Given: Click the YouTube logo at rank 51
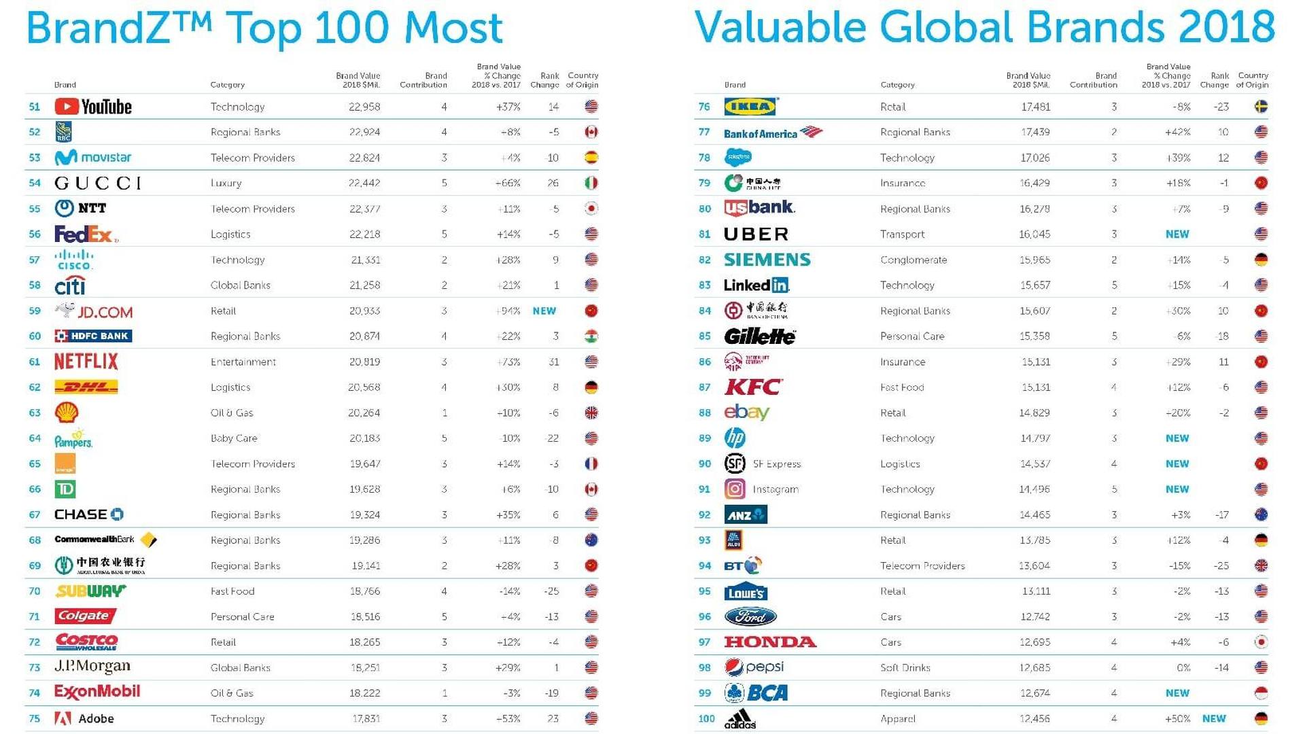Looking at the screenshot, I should click(x=93, y=107).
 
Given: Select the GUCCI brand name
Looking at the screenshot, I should click(x=98, y=183).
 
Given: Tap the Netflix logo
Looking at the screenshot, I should click(x=86, y=362).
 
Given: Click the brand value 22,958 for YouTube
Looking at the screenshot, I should click(x=364, y=107).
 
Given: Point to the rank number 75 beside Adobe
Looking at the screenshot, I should click(x=35, y=719).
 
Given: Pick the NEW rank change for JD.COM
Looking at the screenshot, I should click(x=544, y=311).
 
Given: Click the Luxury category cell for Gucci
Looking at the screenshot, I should click(x=226, y=183).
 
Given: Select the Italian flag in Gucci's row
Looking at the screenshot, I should click(x=591, y=183).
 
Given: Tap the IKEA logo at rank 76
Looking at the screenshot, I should click(x=751, y=107).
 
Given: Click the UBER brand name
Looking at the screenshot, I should click(x=756, y=234).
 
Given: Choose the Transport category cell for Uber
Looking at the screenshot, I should click(x=903, y=234).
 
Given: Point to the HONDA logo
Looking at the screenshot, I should click(x=770, y=642).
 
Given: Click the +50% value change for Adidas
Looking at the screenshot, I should click(x=1177, y=719).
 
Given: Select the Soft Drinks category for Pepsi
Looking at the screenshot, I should click(x=905, y=668).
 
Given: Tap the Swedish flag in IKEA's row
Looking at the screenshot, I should click(x=1261, y=107).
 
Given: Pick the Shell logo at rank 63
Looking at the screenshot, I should click(x=67, y=413).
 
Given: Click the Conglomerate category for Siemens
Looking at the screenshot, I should click(x=913, y=260).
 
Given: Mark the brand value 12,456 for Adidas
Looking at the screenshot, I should click(x=1034, y=719).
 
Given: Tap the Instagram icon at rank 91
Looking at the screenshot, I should click(x=735, y=489).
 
